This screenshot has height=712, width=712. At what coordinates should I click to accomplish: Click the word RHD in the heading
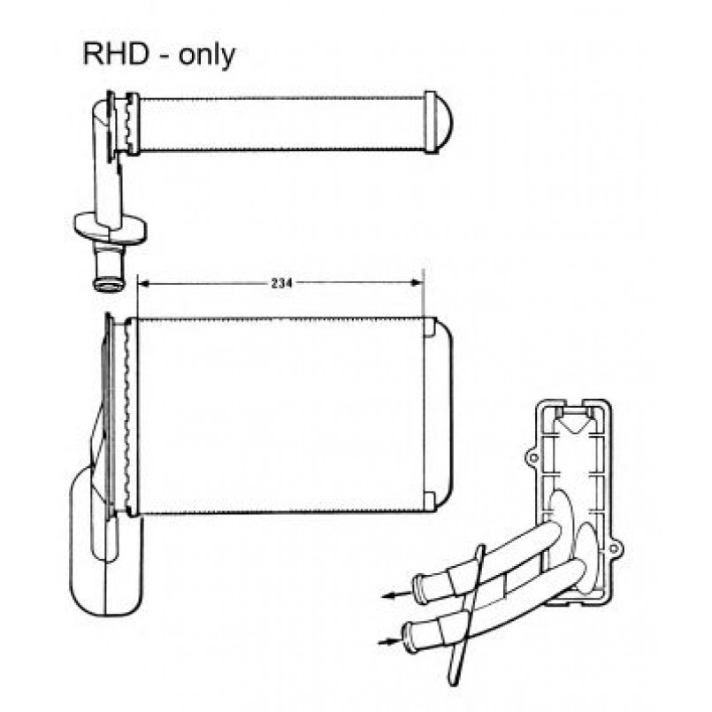(x=116, y=54)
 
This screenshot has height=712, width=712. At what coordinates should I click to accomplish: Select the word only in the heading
(x=207, y=57)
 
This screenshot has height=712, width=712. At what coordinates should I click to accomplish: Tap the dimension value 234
(x=281, y=283)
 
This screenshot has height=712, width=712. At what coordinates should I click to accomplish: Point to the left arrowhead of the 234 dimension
(x=143, y=283)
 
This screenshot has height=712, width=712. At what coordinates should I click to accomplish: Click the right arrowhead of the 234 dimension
(x=417, y=282)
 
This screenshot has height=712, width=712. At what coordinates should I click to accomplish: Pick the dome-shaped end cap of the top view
(x=439, y=122)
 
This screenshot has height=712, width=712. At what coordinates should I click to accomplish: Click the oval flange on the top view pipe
(x=110, y=226)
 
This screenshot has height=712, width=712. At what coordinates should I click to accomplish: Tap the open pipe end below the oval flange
(x=108, y=285)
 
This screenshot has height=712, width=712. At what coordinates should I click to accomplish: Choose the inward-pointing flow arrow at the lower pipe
(x=389, y=640)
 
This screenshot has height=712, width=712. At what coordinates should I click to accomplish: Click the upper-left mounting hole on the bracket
(x=533, y=457)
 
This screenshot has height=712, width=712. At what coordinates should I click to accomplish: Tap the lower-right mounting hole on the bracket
(x=613, y=548)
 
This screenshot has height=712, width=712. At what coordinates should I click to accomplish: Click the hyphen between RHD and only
(x=165, y=57)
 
